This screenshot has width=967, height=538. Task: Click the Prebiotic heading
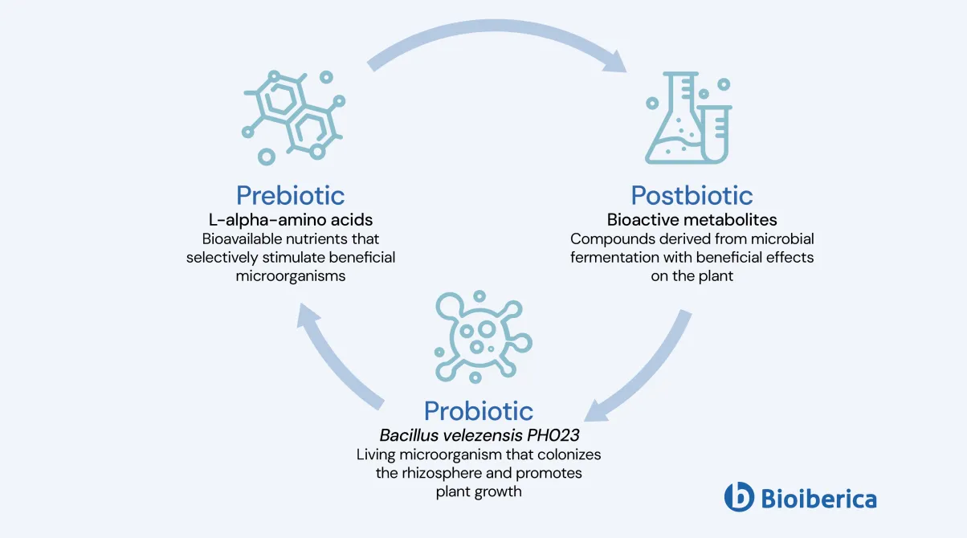click(x=290, y=195)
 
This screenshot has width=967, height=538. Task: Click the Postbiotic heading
click(x=692, y=195)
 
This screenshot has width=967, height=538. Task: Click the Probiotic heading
click(x=479, y=410)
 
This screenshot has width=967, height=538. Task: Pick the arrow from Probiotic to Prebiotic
click(x=337, y=353)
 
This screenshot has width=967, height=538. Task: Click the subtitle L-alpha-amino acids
click(x=290, y=219)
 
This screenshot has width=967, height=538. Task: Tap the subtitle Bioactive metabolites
click(x=692, y=219)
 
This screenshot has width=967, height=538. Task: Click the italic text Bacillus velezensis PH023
click(x=479, y=435)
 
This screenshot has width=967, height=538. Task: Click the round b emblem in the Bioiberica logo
click(x=739, y=497)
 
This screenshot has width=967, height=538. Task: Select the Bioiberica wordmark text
click(x=818, y=499)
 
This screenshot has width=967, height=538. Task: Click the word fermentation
click(x=611, y=258)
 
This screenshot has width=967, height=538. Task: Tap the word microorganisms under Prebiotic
click(x=290, y=276)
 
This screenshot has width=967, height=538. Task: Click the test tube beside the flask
click(x=716, y=132)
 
